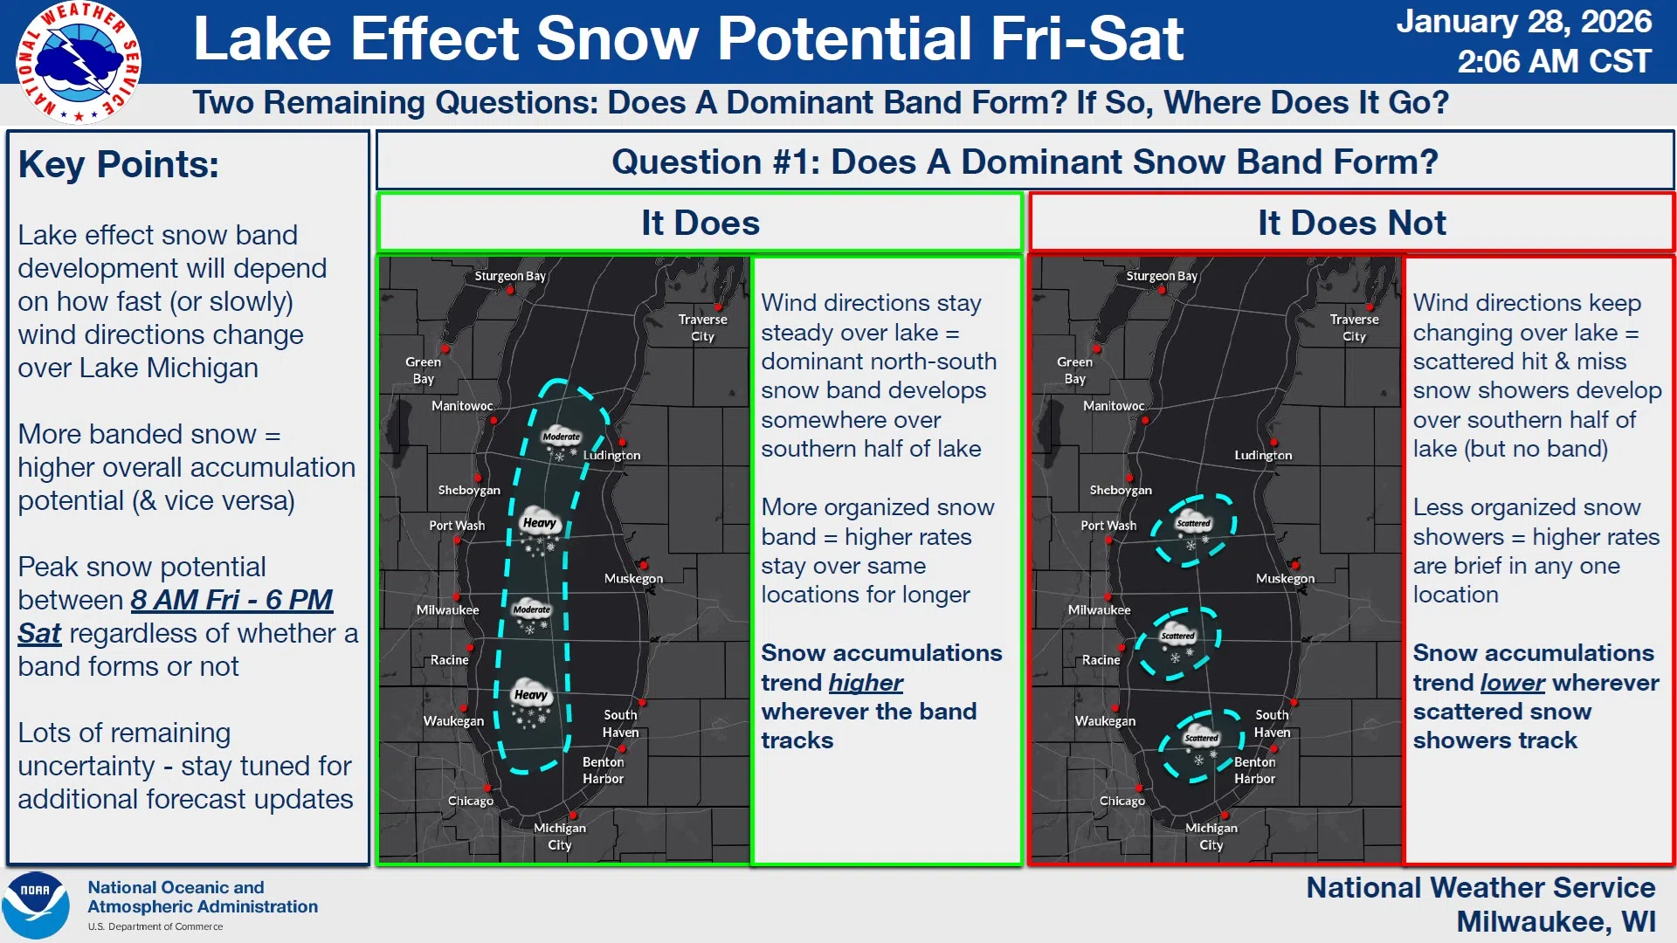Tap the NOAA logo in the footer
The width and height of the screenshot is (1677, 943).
pos(36,905)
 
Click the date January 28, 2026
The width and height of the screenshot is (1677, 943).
pos(1523,22)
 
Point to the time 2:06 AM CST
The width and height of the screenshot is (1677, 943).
pos(1554,61)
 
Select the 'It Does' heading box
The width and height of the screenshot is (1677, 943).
pos(700,223)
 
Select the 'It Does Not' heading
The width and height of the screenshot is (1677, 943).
pos(1351,223)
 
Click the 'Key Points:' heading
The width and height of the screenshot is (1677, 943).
pos(119,164)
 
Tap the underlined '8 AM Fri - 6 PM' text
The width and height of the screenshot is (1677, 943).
pos(231,600)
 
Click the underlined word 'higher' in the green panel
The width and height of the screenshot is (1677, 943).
pos(866,683)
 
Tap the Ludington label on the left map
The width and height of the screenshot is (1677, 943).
pos(611,455)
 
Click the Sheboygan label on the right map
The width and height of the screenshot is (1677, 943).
pos(1121,490)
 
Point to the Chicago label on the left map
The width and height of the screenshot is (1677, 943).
pos(471,801)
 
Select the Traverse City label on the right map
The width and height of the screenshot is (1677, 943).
pos(1354,327)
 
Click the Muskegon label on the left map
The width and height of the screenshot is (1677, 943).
pos(633,578)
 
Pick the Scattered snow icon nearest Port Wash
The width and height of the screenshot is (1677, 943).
pos(1193,530)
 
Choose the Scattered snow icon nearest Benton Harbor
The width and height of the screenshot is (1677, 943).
pos(1201,745)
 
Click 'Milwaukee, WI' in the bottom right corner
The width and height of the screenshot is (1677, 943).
pos(1556,921)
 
